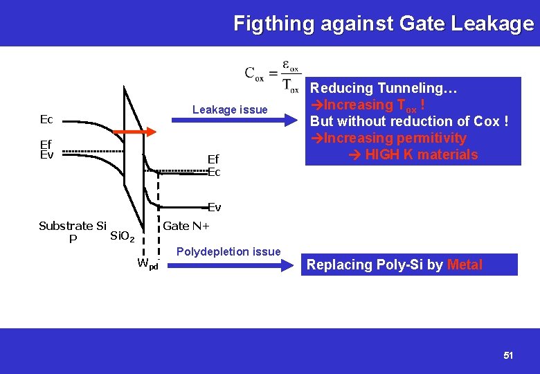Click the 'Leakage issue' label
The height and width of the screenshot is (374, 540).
pyautogui.click(x=229, y=109)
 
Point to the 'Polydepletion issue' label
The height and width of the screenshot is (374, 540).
pyautogui.click(x=228, y=251)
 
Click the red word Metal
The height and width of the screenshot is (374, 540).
pyautogui.click(x=465, y=265)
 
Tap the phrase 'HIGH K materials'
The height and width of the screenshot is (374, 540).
pyautogui.click(x=421, y=154)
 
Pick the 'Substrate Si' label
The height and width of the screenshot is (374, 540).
pyautogui.click(x=72, y=226)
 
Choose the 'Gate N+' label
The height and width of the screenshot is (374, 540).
pyautogui.click(x=186, y=226)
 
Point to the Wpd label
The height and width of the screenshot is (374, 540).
pyautogui.click(x=147, y=264)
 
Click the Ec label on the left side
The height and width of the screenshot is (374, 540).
pyautogui.click(x=46, y=119)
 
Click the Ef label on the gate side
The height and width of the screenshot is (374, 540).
pyautogui.click(x=213, y=160)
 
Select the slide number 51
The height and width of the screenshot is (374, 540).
pyautogui.click(x=508, y=355)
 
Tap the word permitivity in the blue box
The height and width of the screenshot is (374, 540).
pyautogui.click(x=431, y=138)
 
